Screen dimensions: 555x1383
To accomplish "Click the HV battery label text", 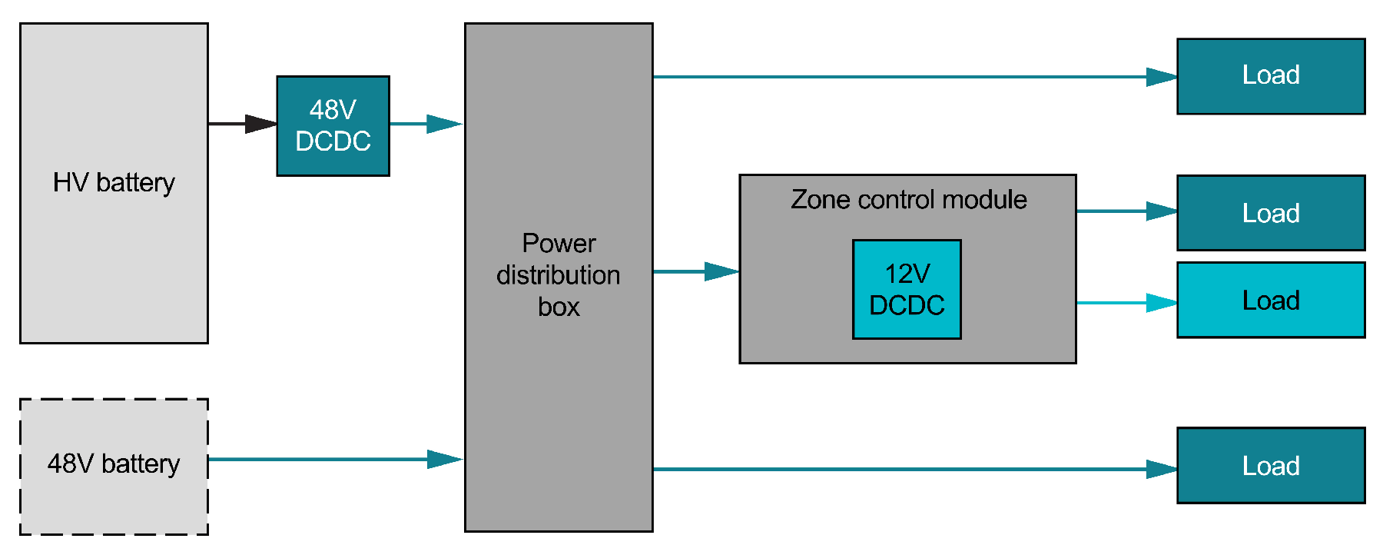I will pos(114,182).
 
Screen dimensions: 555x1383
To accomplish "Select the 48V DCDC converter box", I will pos(333,126).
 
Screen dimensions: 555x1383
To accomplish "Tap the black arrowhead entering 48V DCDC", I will pos(260,123).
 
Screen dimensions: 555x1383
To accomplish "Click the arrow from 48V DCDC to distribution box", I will pos(427,123).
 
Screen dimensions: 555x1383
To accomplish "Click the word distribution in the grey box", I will pos(558,275).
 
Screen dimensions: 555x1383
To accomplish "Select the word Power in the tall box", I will pos(558,243).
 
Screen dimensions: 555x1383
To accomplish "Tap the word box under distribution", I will pos(558,307).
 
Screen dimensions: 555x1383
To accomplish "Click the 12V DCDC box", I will pos(907,289).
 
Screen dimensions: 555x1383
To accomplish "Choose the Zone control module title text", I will pos(908,200).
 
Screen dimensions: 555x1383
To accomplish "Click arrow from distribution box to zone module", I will pos(695,271).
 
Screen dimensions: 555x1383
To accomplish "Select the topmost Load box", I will pos(1270,76).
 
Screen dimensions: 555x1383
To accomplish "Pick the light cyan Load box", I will pos(1270,300).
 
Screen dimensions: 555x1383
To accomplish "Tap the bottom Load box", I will pos(1270,465).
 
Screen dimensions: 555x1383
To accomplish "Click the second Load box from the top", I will pos(1270,213).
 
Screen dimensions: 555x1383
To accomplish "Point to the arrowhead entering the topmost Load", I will pos(1161,77).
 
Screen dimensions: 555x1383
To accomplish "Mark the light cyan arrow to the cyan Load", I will pos(1126,303).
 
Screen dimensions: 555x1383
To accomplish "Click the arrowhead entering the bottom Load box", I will pos(1161,469).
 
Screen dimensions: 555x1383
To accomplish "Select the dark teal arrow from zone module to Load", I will pos(1126,211).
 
